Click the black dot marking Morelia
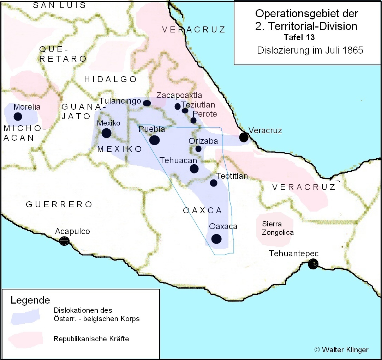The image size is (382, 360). pyautogui.click(x=18, y=116)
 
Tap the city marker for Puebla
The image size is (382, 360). pyautogui.click(x=154, y=140)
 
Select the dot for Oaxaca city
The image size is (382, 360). pyautogui.click(x=216, y=239)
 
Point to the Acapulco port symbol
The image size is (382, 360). pyautogui.click(x=64, y=241)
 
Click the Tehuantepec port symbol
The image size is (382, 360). pyautogui.click(x=313, y=264)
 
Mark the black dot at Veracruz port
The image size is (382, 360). pyautogui.click(x=244, y=137)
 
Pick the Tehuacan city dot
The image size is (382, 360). pyautogui.click(x=194, y=169)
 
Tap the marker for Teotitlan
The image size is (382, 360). pyautogui.click(x=213, y=183)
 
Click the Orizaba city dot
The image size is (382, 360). pyautogui.click(x=198, y=149)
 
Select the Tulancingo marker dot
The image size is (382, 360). pyautogui.click(x=147, y=103)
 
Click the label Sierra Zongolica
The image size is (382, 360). pyautogui.click(x=277, y=228)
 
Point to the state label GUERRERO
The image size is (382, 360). pyautogui.click(x=59, y=205)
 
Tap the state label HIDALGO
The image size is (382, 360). pyautogui.click(x=110, y=79)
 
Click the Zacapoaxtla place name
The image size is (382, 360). pyautogui.click(x=179, y=95)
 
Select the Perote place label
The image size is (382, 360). pyautogui.click(x=205, y=114)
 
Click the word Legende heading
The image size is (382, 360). pyautogui.click(x=30, y=300)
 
